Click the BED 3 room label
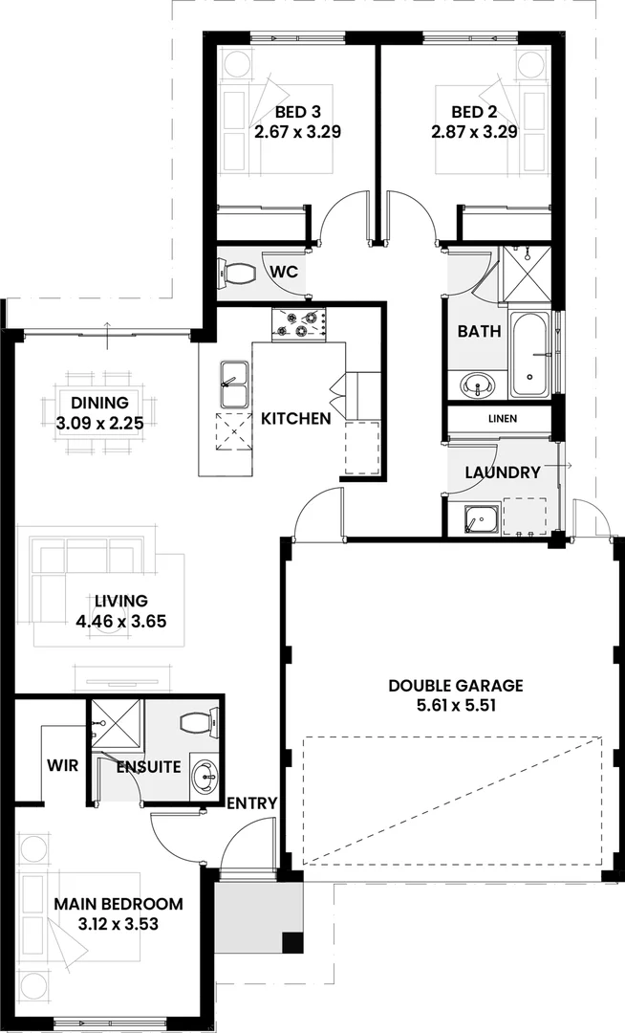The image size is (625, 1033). (x=297, y=111)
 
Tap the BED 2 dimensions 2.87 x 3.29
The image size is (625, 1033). (x=474, y=132)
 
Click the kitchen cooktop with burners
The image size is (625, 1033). (x=299, y=325)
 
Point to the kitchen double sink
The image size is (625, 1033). (x=232, y=384)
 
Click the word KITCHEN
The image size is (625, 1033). (x=296, y=419)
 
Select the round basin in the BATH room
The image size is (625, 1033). (x=478, y=385)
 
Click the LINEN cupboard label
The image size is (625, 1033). (x=502, y=419)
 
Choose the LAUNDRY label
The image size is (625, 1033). (x=503, y=473)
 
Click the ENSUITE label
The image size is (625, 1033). (x=148, y=767)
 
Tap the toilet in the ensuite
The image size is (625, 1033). (x=199, y=722)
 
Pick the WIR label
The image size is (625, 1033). (x=62, y=766)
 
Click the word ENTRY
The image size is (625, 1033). (x=252, y=802)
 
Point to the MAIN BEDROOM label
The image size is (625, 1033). (x=118, y=904)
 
